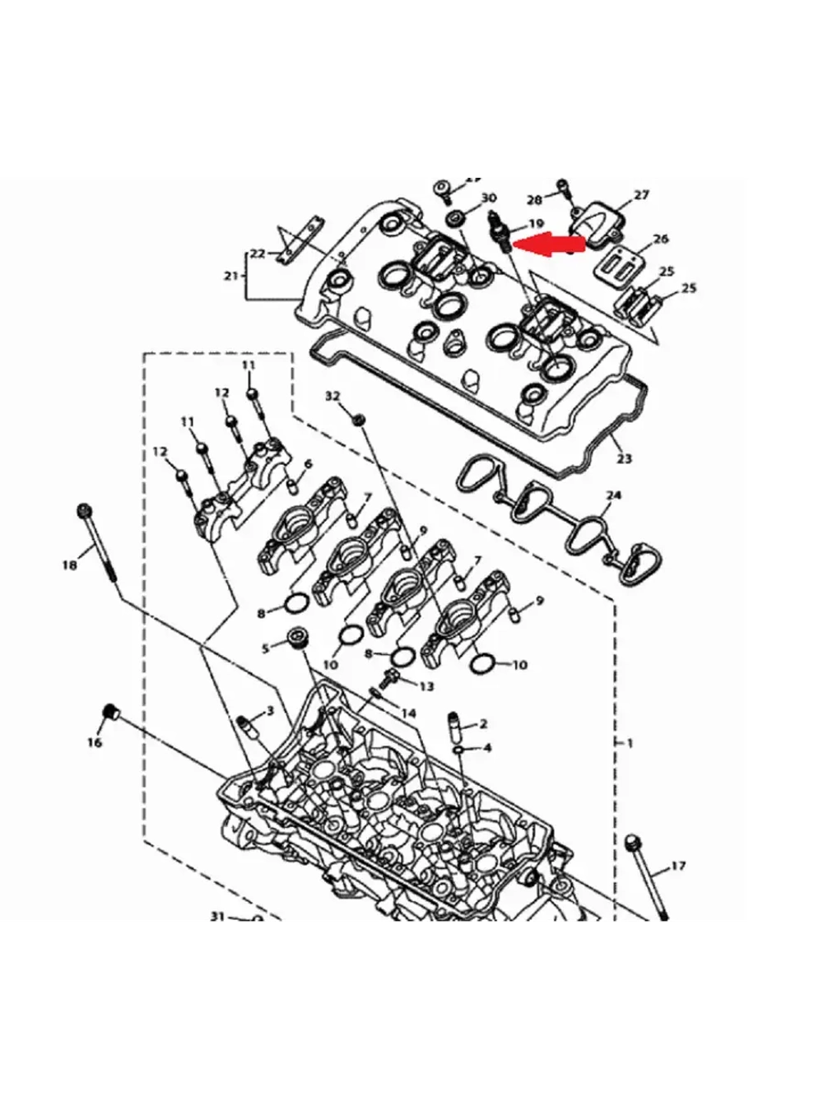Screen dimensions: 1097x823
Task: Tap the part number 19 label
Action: (x=536, y=223)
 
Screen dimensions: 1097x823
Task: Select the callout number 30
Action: (x=489, y=198)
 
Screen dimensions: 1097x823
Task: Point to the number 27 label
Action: (x=641, y=195)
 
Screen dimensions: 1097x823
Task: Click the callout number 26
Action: (x=660, y=239)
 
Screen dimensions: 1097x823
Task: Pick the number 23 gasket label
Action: (x=624, y=458)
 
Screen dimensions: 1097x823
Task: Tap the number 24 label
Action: (x=613, y=495)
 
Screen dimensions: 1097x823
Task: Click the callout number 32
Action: (x=332, y=396)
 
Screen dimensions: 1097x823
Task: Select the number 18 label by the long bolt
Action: (x=70, y=565)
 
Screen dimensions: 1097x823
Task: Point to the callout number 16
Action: (x=95, y=742)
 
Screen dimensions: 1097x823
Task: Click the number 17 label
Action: (x=678, y=866)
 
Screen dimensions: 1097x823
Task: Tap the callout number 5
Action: (x=265, y=648)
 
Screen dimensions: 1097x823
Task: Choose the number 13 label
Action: (x=426, y=686)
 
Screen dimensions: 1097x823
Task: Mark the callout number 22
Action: (x=258, y=253)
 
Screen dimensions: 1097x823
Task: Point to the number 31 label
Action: (x=217, y=916)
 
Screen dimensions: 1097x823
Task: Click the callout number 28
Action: (x=534, y=199)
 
